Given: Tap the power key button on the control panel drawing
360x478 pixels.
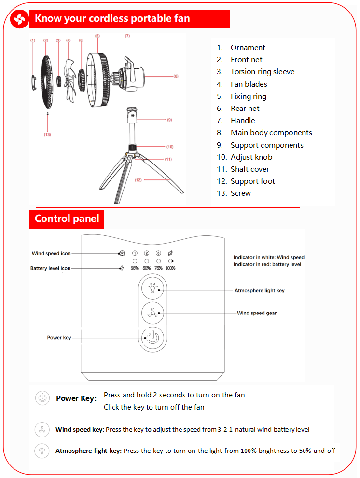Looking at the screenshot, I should click(152, 337).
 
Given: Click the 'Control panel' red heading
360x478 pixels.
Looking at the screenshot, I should click(67, 219).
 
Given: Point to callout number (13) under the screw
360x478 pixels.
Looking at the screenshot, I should click(47, 134).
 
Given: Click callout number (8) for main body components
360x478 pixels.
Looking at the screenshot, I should click(176, 76).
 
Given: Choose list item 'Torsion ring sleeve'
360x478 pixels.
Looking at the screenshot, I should click(262, 72).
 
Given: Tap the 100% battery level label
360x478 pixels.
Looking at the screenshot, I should click(170, 268).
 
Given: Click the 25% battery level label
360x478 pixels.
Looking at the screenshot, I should click(135, 268).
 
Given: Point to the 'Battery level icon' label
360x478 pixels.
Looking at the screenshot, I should click(50, 268).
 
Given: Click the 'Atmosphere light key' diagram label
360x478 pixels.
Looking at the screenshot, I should click(260, 291).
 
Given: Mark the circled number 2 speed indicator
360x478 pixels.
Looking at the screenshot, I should click(147, 253).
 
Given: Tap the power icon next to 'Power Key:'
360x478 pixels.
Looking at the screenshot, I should click(42, 398).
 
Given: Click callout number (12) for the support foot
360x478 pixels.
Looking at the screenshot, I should click(138, 180).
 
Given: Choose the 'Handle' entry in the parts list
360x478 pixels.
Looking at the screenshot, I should click(243, 121).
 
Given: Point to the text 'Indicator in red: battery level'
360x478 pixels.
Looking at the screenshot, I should click(267, 264).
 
